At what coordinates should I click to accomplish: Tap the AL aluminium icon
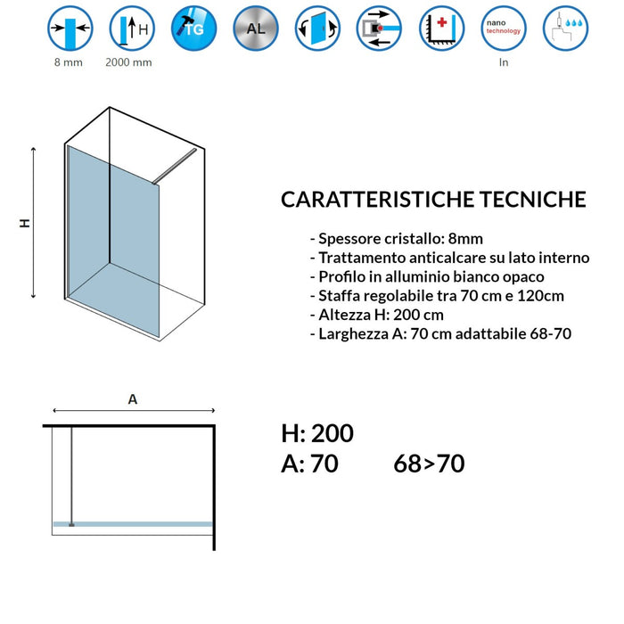(254, 29)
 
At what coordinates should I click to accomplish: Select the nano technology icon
(504, 29)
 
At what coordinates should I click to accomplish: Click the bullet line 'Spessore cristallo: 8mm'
(397, 239)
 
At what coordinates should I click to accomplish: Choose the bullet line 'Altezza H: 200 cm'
(376, 315)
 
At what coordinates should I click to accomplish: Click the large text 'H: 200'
(317, 434)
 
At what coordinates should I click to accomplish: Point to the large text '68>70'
(429, 464)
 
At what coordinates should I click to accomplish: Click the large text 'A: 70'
(309, 464)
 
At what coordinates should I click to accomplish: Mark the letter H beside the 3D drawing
(25, 224)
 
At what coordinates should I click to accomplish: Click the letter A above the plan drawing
(133, 399)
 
